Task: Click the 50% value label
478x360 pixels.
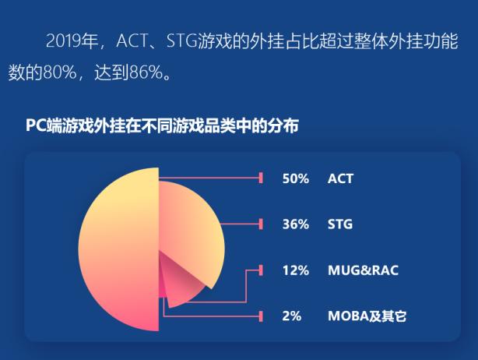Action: coord(295,178)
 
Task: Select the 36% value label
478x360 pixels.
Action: coord(295,224)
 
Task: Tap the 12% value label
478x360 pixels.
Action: coord(295,270)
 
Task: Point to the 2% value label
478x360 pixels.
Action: coord(291,316)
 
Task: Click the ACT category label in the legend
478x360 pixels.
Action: coord(340,178)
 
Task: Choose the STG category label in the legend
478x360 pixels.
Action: coord(340,224)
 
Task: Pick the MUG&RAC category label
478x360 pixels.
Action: coord(362,270)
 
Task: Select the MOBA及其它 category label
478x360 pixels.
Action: coord(367,316)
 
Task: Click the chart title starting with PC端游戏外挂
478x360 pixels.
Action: coord(162,125)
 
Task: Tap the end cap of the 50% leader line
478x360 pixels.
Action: coord(261,178)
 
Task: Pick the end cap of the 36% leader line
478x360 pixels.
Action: coord(261,224)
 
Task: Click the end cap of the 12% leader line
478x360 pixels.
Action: coord(261,270)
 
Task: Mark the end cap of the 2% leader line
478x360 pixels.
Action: coord(261,316)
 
